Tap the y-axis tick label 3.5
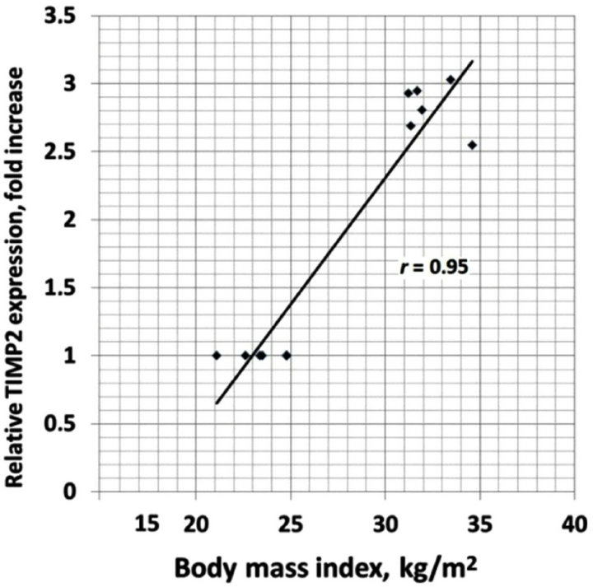coord(67,16)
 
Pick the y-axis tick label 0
coord(77,492)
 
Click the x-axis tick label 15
coord(147,522)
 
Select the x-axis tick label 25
coord(290,522)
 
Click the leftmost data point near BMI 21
coord(217,356)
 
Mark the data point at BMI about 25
coord(287,356)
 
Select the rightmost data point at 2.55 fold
coord(472,145)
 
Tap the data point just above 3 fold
coord(451,80)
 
